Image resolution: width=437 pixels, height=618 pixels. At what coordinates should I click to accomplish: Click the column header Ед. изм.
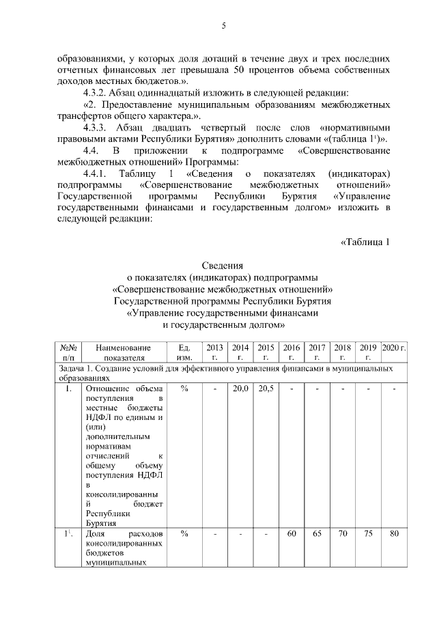(x=184, y=352)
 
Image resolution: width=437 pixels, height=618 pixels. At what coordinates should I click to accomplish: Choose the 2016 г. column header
(x=292, y=352)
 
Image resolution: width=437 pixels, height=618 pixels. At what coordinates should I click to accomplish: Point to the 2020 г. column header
(x=394, y=348)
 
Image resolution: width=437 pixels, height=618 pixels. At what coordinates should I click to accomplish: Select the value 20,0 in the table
(x=240, y=389)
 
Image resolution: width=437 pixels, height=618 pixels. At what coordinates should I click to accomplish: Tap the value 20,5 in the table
(x=266, y=389)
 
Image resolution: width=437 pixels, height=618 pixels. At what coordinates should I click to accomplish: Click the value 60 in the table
(x=292, y=533)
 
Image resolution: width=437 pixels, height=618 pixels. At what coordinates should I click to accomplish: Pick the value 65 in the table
(x=317, y=533)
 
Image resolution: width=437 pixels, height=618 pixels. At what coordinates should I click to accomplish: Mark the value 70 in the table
(x=343, y=533)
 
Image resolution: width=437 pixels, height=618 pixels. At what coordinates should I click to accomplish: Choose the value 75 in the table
(x=368, y=533)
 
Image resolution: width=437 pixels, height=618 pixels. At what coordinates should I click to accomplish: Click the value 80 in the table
(x=394, y=533)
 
